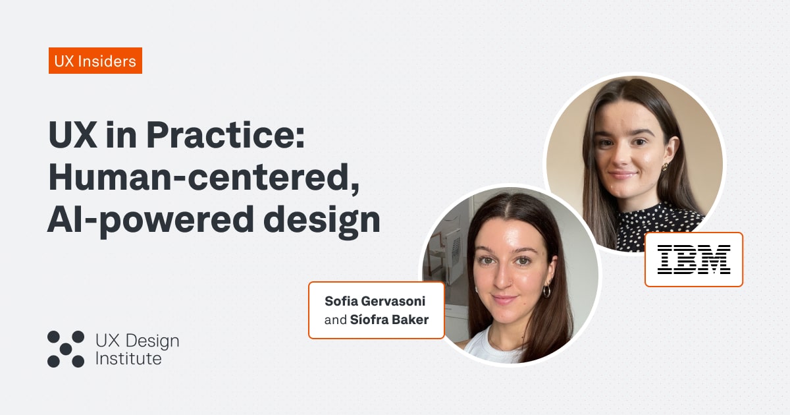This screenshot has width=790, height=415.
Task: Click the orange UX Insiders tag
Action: point(95,61)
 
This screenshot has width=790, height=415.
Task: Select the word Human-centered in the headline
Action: point(203,178)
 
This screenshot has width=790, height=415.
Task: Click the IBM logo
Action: point(694,259)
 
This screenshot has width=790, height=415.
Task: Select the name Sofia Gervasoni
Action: point(375,301)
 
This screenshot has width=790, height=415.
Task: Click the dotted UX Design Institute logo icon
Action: point(66,348)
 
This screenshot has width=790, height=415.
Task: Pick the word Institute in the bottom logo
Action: point(128,359)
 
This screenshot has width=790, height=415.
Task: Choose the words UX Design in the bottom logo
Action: point(137,341)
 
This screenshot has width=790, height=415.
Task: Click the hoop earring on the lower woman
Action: point(546,290)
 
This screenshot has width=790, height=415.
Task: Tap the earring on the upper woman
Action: point(665,166)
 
